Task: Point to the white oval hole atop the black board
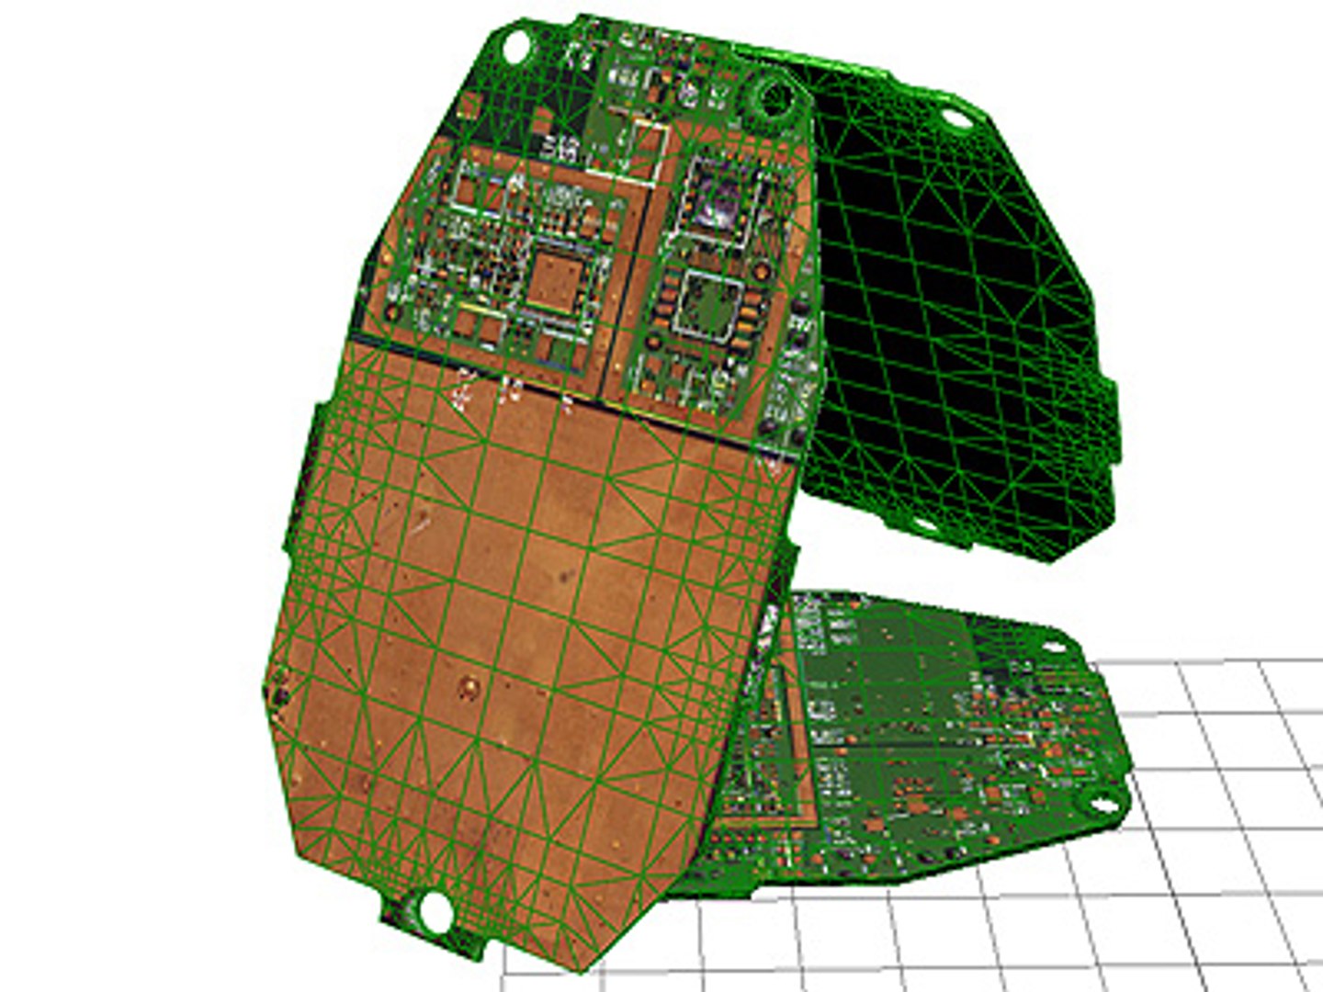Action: pos(955,118)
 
